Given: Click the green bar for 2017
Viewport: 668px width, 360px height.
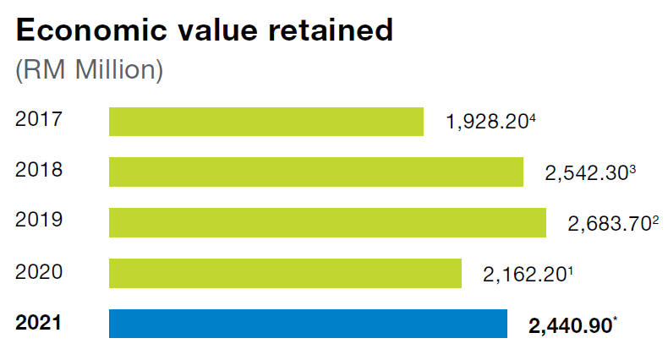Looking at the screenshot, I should (x=266, y=122).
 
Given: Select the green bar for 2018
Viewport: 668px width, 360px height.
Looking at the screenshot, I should (x=316, y=172).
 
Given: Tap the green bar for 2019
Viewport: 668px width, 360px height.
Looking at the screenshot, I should (x=327, y=223).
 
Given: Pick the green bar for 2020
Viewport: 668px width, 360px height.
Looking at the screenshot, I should (x=285, y=274).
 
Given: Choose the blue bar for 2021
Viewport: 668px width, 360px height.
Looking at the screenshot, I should (x=308, y=325).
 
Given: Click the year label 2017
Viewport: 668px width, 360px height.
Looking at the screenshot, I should (x=39, y=119).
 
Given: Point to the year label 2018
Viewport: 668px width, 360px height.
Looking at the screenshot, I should (x=39, y=170).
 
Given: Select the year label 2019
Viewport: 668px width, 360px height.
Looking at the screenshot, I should (x=39, y=221).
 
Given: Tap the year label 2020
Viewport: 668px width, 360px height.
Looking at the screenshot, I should (x=39, y=271).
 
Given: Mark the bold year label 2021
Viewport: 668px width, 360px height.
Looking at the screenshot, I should (x=40, y=322).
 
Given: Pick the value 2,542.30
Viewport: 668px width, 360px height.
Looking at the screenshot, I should (x=585, y=175).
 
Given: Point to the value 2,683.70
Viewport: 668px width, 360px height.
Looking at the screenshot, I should (x=608, y=226).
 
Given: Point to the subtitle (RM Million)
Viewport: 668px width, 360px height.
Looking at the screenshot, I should (x=89, y=69).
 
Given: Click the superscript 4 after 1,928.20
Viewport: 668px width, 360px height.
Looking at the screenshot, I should (x=534, y=118).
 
